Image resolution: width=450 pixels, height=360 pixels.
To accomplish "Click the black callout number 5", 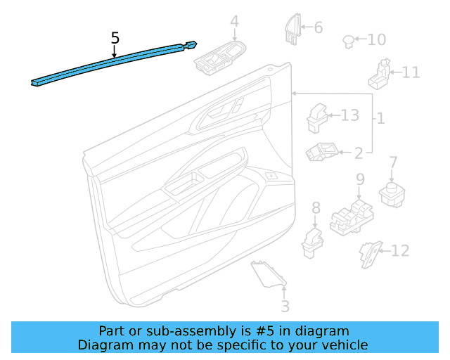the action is pos(115,38).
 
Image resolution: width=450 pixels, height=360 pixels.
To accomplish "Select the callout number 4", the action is pos(234,22).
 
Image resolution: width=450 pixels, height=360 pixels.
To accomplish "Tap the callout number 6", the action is pos(319,27).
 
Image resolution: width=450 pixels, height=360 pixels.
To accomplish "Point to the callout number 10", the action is pos(377,39).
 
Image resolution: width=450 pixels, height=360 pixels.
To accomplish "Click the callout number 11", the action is pos(411,72).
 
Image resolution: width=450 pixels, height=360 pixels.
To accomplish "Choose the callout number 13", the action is pos(350,115).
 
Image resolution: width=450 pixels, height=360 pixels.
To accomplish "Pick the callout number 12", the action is pos(400,251).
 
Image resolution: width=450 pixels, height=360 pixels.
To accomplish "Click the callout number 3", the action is pos(285,307).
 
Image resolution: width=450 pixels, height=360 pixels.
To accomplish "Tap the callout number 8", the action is pos(316,208).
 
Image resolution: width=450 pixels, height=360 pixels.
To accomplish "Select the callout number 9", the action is pos(361,179).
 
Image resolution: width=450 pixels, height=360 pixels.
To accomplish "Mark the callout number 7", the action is pos(393,162).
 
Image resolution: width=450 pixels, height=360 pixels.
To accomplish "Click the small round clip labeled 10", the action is pos(349,41).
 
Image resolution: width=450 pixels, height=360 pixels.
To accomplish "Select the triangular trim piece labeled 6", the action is pos(292,30).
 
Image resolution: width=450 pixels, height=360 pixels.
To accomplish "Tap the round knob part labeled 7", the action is pos(392,194).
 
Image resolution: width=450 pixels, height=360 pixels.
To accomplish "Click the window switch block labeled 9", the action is pos(352,218).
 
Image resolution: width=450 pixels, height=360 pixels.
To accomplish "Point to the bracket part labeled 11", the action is pos(380,75).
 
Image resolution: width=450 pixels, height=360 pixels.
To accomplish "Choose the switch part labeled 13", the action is pos(317,118).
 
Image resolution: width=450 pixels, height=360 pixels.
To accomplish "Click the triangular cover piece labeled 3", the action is pos(269,274).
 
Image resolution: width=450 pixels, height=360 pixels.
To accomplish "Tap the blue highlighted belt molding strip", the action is pos(114,63).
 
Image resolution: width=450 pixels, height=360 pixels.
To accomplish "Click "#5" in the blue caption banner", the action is pos(264,331).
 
